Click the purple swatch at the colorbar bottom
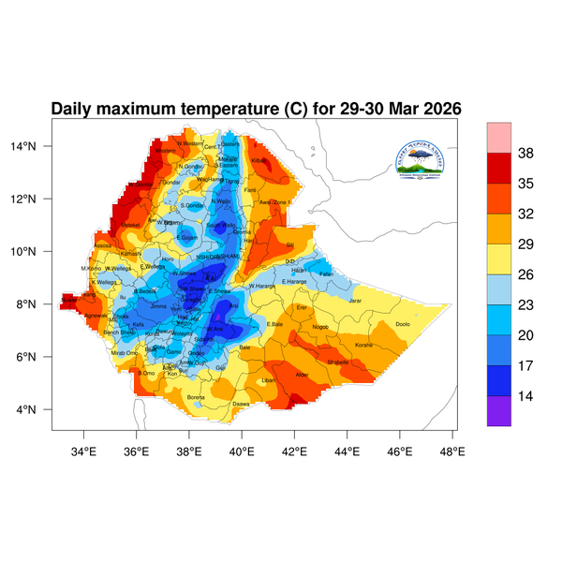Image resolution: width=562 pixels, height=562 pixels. click(499, 411)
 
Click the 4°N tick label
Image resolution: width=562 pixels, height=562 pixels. click(38, 409)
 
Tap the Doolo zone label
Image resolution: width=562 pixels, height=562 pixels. click(403, 324)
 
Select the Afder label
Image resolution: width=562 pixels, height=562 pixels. click(303, 375)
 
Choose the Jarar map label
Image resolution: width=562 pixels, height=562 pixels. click(355, 301)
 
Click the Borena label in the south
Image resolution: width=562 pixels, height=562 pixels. click(197, 397)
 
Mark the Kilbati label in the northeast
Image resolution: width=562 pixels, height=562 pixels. click(260, 161)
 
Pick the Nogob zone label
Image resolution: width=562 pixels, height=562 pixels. click(320, 327)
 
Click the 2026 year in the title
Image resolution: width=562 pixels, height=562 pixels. click(438, 109)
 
